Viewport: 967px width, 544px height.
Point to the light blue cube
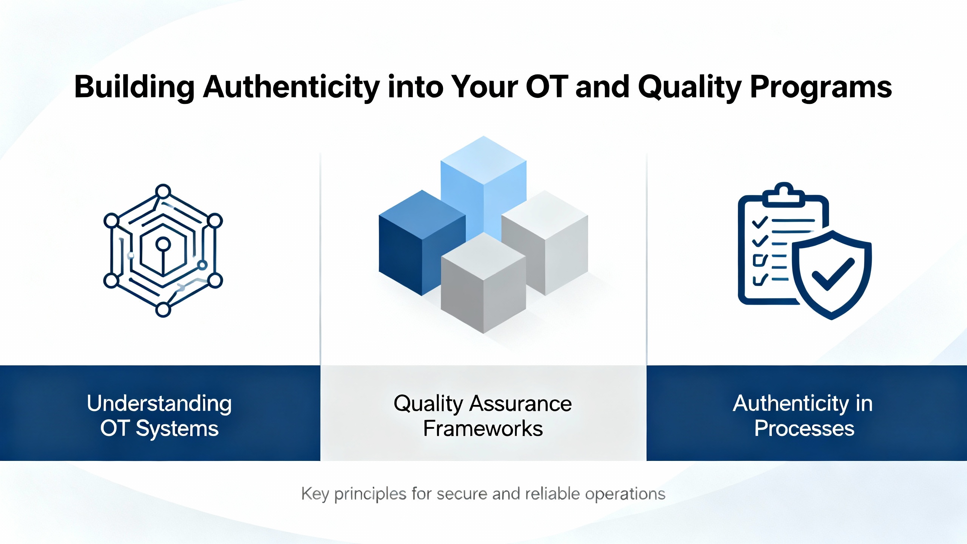(483, 185)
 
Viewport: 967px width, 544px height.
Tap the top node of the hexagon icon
(163, 192)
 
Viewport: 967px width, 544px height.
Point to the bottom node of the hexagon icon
(163, 310)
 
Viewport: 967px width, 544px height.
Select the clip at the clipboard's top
(784, 195)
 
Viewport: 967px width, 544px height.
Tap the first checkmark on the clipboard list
(760, 222)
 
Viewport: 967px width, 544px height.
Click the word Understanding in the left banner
(159, 404)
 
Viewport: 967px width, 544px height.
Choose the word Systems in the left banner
(177, 429)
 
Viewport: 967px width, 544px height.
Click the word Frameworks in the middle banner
(483, 428)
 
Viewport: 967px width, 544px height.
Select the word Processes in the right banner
(805, 428)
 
